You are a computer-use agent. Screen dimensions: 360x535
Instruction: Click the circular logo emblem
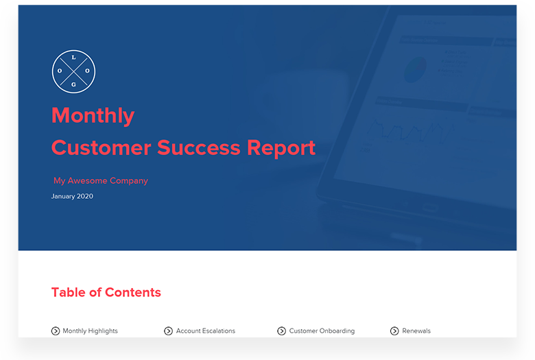click(74, 71)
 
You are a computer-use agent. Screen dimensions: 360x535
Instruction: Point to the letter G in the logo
click(74, 84)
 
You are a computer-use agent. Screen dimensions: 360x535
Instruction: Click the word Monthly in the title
click(93, 115)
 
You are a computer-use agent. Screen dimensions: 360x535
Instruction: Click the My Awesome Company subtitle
click(101, 181)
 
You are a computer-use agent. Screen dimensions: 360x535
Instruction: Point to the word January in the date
click(63, 196)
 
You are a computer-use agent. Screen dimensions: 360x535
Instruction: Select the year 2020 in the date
click(85, 196)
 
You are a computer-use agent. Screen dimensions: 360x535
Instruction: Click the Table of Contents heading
click(106, 292)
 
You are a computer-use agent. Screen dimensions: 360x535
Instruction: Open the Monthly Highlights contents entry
click(90, 331)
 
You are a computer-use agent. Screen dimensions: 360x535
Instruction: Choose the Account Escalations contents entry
click(205, 331)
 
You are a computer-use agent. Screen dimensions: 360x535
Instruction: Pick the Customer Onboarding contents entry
click(322, 331)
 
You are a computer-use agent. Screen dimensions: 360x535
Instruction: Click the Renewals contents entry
click(416, 331)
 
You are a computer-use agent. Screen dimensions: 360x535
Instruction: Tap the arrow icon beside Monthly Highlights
click(56, 331)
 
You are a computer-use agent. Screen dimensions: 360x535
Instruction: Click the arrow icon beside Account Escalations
click(169, 331)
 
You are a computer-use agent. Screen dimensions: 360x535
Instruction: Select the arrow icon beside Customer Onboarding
click(282, 331)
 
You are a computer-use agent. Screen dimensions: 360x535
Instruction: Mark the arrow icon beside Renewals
click(395, 331)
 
